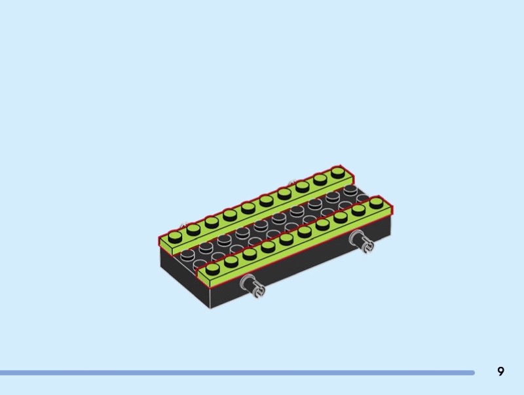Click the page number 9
pyautogui.click(x=500, y=371)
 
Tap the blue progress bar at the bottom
pyautogui.click(x=237, y=373)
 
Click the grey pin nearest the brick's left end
pyautogui.click(x=253, y=286)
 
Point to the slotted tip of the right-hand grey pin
pyautogui.click(x=369, y=247)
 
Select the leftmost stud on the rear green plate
pyautogui.click(x=175, y=237)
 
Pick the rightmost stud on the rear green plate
pyautogui.click(x=338, y=173)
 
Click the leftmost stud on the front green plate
pyautogui.click(x=212, y=268)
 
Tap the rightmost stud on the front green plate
pyautogui.click(x=376, y=202)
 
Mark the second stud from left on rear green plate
pyautogui.click(x=193, y=229)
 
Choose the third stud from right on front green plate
pyautogui.click(x=340, y=216)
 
